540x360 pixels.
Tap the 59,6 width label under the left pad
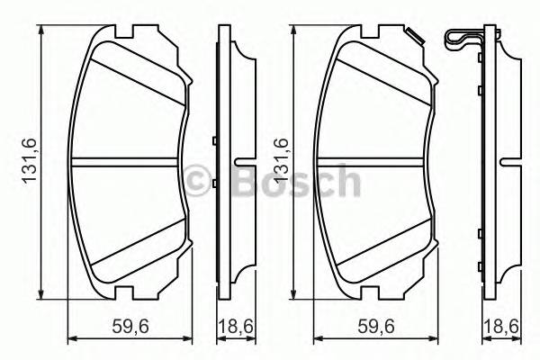coord(130,328)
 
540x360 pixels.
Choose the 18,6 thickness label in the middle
coord(235,328)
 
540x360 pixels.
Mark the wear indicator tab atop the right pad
coord(416,36)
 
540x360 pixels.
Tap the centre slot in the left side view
coord(242,162)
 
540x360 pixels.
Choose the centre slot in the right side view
coord(510,162)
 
